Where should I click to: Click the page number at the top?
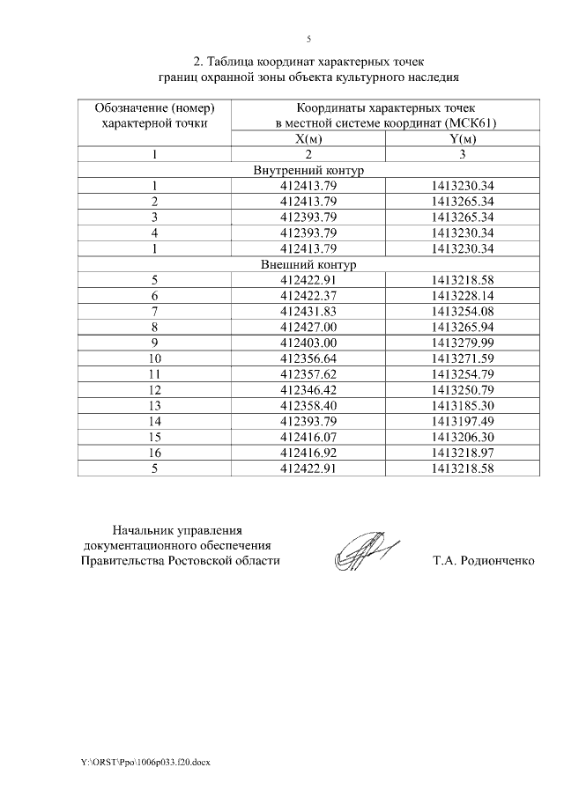(308, 38)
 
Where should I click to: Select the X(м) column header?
(308, 139)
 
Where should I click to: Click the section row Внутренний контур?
(308, 170)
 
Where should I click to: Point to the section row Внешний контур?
(308, 264)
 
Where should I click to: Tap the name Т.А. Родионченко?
(484, 560)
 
